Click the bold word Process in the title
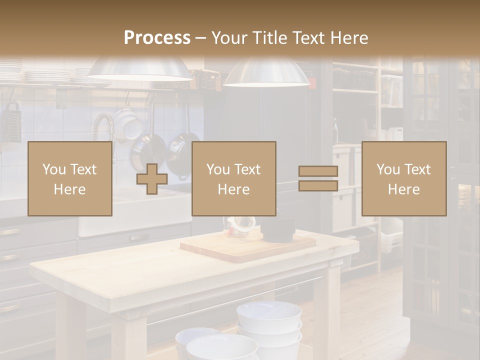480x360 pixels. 157,38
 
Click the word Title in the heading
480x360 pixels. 269,38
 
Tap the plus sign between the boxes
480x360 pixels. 152,178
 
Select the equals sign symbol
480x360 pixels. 318,178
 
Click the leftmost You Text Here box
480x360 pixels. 70,178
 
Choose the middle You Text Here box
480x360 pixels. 233,178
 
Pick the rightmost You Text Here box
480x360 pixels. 403,178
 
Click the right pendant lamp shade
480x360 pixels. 266,73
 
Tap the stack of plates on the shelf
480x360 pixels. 47,76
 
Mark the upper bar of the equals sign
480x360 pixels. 318,171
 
